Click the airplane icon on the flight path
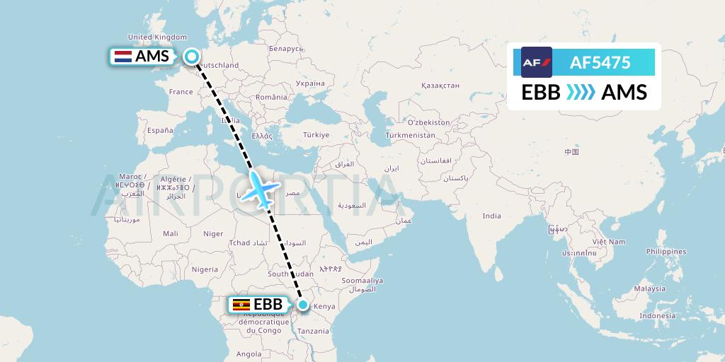tap(257, 190)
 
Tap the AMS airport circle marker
tap(192, 56)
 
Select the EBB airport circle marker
tap(303, 305)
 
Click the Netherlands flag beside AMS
tap(122, 57)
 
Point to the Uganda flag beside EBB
tap(241, 305)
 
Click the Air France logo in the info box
tap(536, 62)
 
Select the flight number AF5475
tap(600, 62)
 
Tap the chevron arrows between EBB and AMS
tap(581, 92)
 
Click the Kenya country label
tap(324, 306)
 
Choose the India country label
tap(491, 216)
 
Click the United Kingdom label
tap(157, 37)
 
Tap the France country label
tap(181, 92)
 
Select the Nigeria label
tap(205, 269)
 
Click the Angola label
tap(249, 354)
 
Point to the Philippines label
tap(666, 252)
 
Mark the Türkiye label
tap(316, 134)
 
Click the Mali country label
tap(170, 233)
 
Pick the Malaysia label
tap(649, 288)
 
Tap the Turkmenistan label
tap(410, 135)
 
